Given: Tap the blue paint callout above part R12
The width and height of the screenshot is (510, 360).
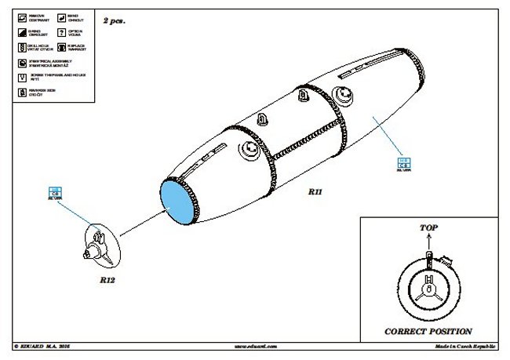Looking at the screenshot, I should pos(56,192).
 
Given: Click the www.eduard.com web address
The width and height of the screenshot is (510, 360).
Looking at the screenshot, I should pos(255,345).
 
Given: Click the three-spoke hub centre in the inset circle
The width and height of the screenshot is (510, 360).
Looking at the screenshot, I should pos(428,291).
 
